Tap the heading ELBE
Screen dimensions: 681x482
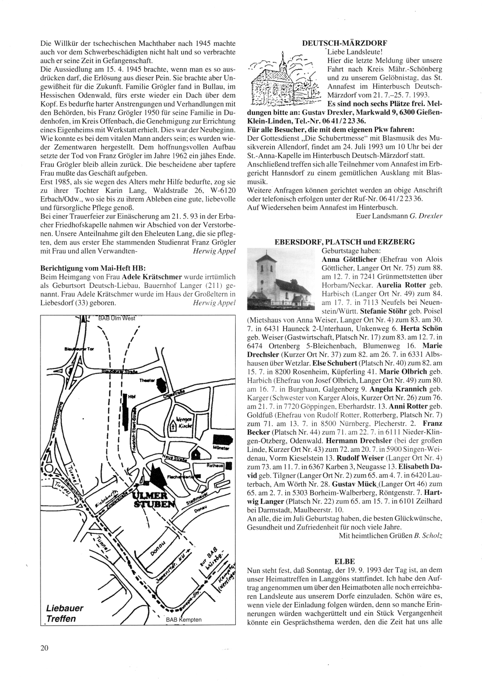point(344,561)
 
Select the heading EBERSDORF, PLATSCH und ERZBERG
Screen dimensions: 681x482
point(344,242)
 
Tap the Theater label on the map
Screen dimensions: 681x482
point(146,381)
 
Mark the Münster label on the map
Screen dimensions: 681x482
point(218,448)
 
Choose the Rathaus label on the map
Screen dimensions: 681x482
point(214,466)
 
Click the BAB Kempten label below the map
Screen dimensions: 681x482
point(182,620)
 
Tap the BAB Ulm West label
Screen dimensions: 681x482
point(117,318)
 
